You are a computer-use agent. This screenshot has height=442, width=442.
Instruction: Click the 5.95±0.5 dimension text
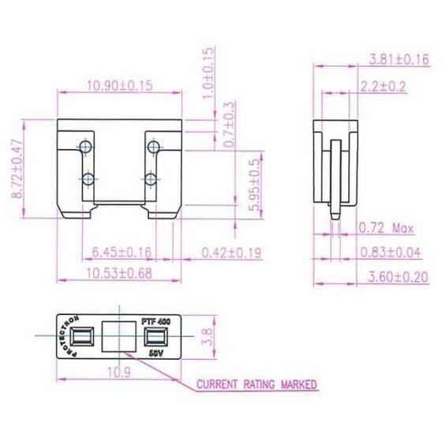pos(253,185)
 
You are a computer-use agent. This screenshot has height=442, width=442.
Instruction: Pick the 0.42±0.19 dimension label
pos(230,253)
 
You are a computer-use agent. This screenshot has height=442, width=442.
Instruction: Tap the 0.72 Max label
pos(386,230)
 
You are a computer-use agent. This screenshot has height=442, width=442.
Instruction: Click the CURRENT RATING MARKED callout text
pos(257,385)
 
